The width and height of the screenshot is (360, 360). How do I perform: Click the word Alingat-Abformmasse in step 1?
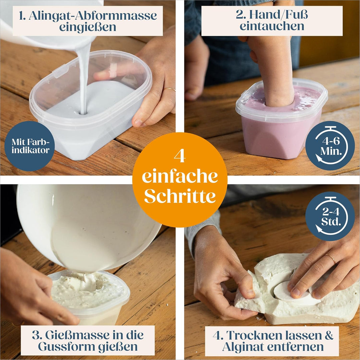(93, 16)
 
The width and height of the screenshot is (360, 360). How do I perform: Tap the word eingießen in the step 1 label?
(87, 27)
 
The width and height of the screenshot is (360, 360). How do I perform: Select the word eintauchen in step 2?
(272, 26)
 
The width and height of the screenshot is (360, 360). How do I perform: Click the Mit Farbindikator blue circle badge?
(30, 146)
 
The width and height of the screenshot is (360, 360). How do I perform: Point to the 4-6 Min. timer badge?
(330, 146)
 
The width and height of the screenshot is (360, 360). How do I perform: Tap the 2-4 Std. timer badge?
(330, 216)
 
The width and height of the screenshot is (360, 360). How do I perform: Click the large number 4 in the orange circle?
(180, 156)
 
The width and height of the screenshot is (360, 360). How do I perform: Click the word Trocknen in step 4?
(254, 335)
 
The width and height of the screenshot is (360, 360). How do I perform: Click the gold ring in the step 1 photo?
(169, 89)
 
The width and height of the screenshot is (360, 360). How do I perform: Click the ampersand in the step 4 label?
(329, 335)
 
